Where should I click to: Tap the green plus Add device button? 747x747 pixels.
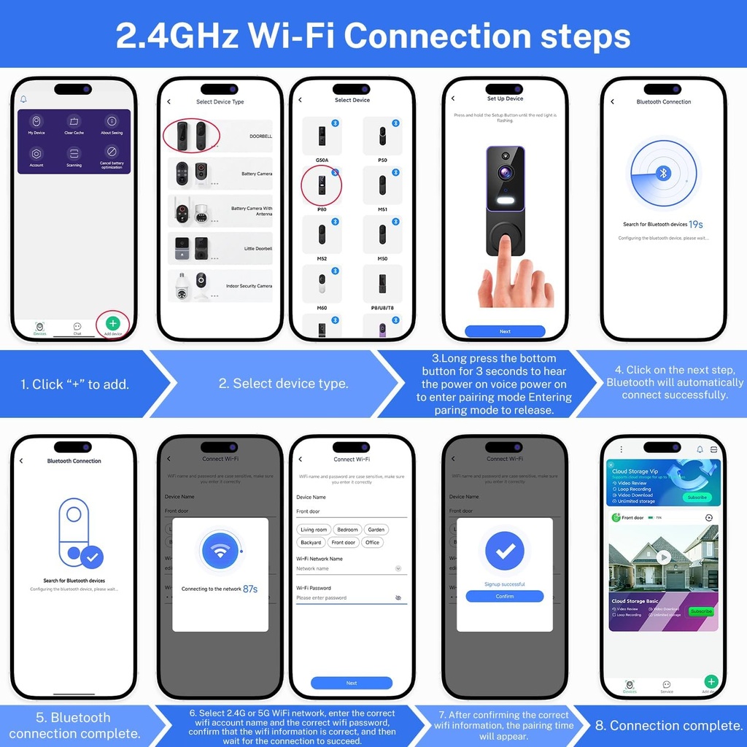112,322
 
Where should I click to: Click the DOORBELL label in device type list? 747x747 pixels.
260,136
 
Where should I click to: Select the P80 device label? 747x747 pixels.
322,209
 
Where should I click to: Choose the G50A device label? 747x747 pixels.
322,159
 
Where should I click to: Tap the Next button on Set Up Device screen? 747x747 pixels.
505,331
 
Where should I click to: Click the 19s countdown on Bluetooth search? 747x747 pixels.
696,224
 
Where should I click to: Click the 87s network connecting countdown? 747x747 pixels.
250,589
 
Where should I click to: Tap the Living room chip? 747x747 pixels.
314,530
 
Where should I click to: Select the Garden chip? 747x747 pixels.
376,530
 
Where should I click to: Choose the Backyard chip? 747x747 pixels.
311,543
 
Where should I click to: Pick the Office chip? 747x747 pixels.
373,543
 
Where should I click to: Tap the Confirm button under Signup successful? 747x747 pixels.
505,596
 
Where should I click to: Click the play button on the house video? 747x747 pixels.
663,557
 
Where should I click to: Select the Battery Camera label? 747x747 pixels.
257,174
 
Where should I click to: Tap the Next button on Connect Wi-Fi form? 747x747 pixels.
352,683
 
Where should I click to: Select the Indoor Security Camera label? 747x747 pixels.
249,286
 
